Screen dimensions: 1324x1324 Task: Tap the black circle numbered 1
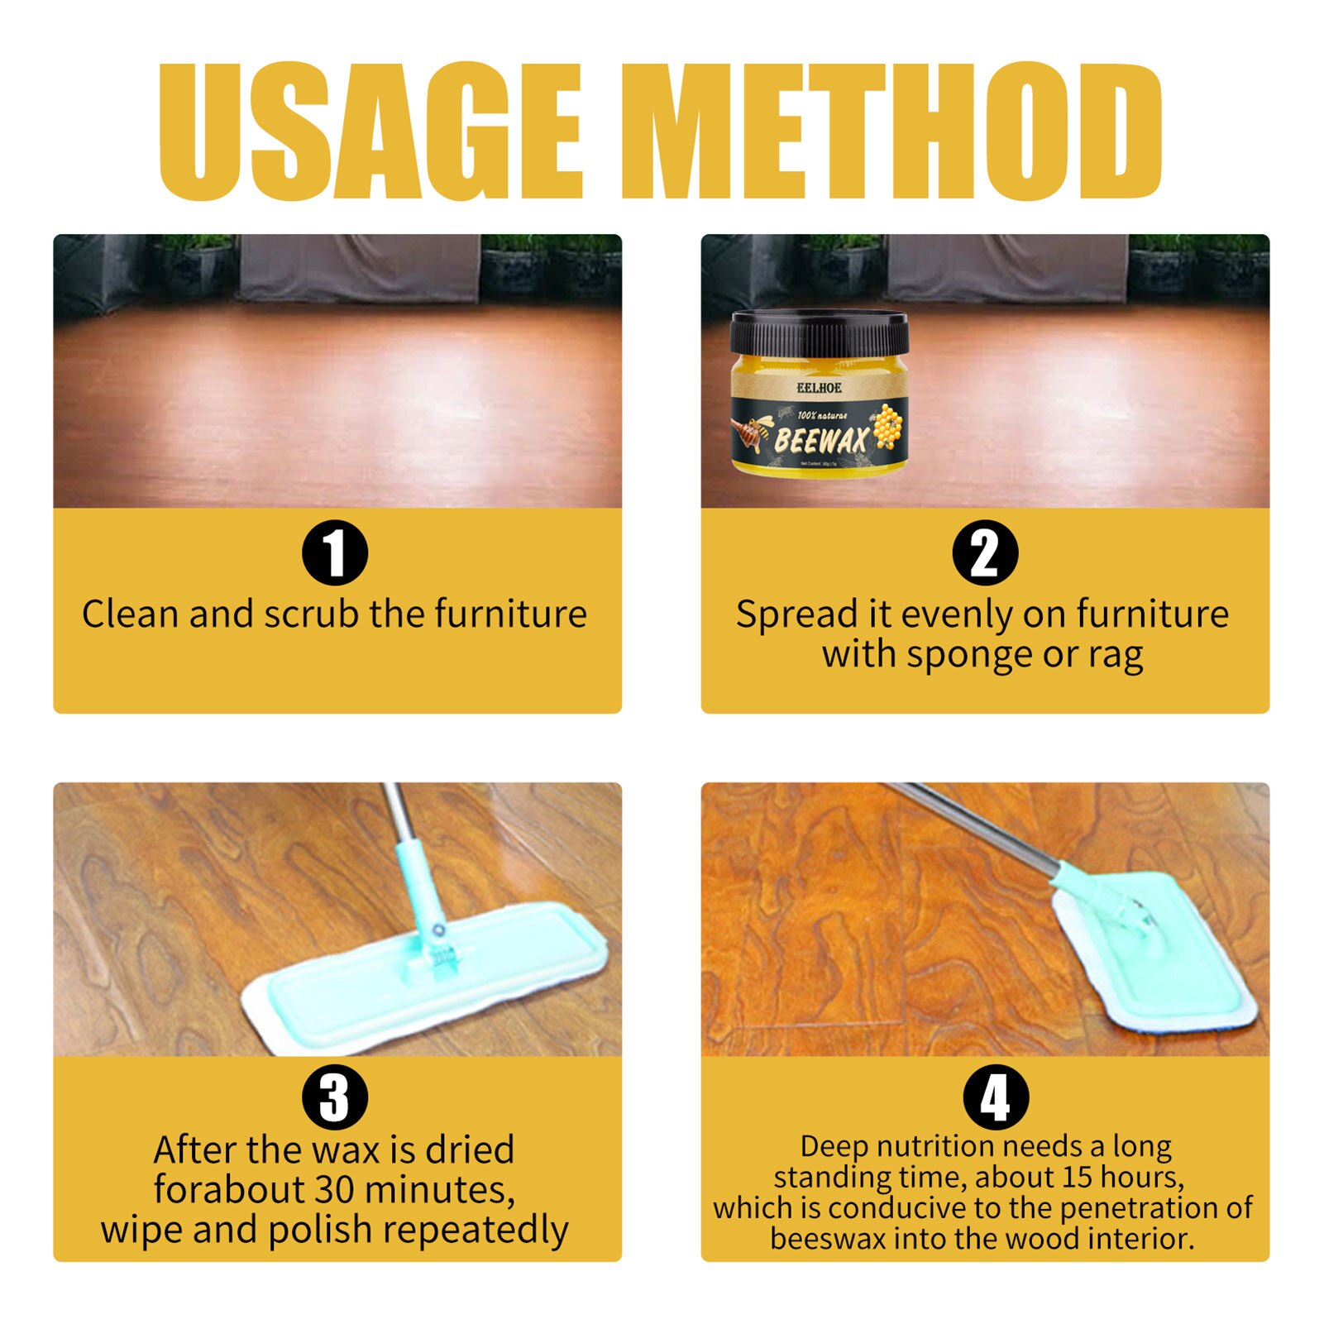[x=334, y=552]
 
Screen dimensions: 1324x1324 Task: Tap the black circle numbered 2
[x=984, y=552]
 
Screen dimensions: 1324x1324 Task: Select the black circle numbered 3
[x=334, y=1097]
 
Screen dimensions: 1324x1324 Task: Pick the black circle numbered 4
[x=995, y=1097]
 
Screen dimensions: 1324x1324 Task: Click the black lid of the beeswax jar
[x=819, y=332]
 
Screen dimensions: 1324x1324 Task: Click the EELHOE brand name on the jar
[x=819, y=388]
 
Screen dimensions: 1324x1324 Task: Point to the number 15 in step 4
[x=1078, y=1177]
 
